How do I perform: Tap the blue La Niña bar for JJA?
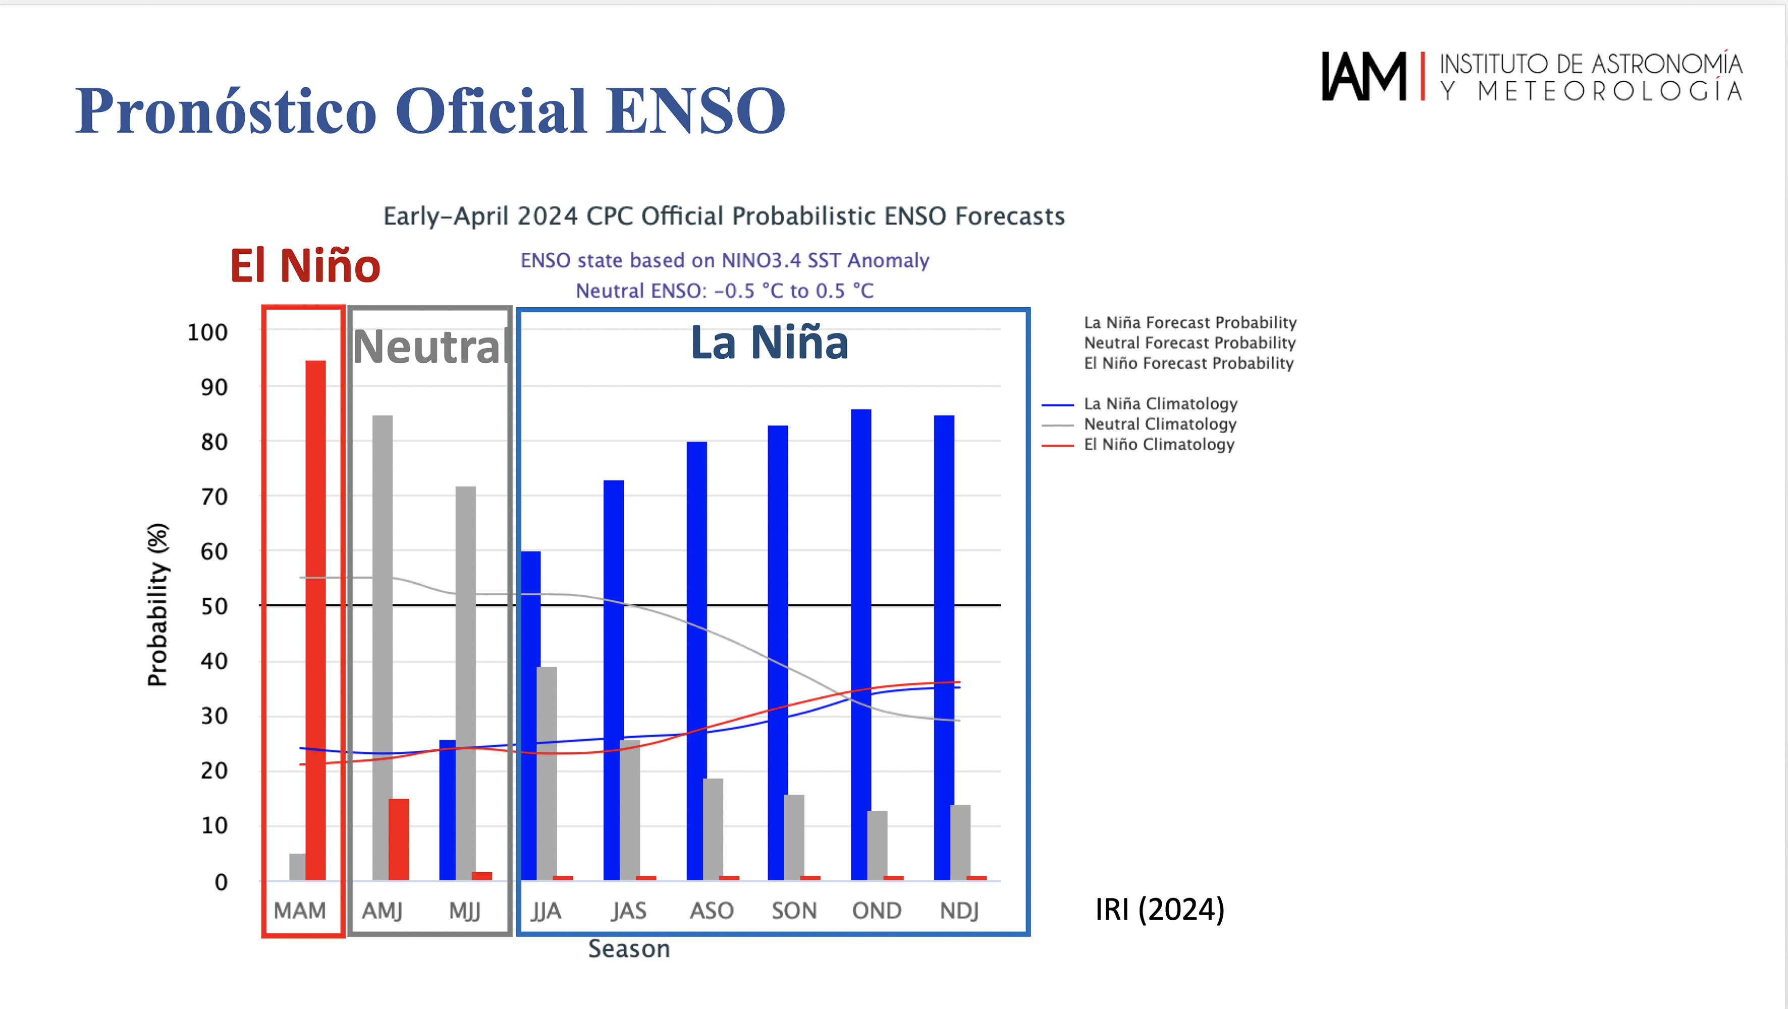pos(531,715)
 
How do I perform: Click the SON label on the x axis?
pos(794,911)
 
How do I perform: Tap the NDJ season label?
pos(959,911)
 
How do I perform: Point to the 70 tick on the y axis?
pos(214,497)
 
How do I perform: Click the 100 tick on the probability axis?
pos(207,332)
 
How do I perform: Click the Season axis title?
pos(629,948)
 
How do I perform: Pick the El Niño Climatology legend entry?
pos(1159,445)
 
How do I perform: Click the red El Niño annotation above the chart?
pos(305,266)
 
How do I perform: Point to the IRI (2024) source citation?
pos(1160,909)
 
